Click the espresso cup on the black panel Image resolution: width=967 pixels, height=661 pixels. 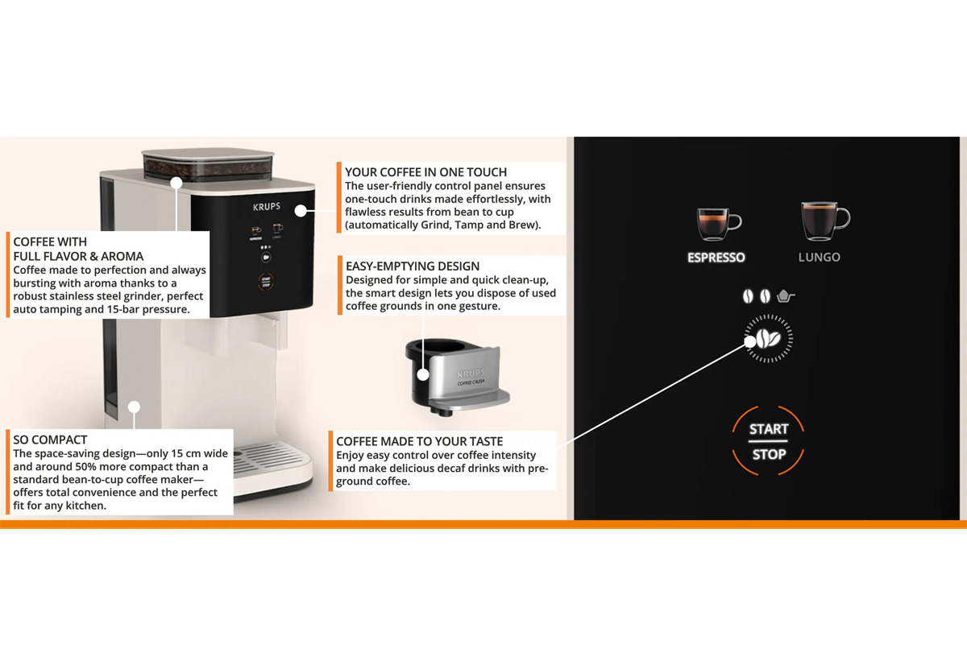point(719,224)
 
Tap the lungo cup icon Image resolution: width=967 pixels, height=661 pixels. point(825,221)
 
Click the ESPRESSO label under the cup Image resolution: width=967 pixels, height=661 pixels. point(716,258)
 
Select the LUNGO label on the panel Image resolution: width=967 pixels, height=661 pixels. point(819,258)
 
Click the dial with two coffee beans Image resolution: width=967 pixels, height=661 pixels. point(769,338)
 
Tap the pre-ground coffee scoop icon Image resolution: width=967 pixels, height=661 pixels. point(786,296)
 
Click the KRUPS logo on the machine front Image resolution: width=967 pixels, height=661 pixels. point(267,207)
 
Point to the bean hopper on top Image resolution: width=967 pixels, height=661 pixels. point(208,164)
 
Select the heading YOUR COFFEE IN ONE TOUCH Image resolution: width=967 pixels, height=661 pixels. point(425,172)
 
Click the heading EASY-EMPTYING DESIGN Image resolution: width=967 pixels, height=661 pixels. point(413,266)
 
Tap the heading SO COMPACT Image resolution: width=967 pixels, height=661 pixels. point(50,440)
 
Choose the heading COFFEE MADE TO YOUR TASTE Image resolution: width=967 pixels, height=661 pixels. point(420,441)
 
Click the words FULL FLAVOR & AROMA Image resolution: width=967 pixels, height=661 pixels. point(78,257)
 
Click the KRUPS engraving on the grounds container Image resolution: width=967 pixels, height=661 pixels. point(471,373)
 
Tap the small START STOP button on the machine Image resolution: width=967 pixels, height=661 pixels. point(266,283)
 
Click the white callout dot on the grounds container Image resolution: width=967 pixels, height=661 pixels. point(423,374)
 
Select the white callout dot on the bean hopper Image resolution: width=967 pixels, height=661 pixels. point(176,183)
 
